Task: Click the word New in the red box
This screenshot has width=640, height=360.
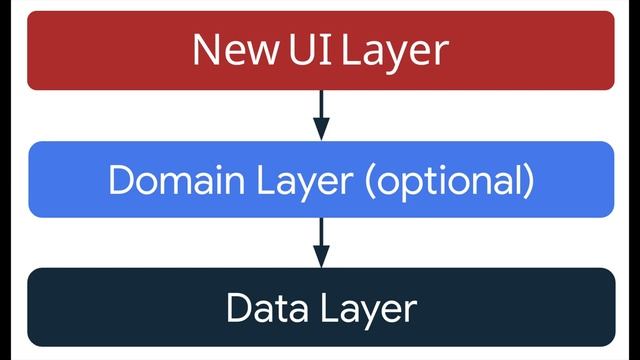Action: coord(234,49)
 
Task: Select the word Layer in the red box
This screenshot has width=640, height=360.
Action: coord(393,50)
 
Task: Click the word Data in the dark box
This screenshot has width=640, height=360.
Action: coord(261,307)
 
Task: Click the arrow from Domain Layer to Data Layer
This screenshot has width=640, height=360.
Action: coord(320,241)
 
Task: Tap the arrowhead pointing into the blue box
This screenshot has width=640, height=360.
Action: coord(320,129)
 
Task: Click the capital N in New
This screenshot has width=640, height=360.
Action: coord(204,49)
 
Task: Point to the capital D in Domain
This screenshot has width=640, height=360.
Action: coord(120,181)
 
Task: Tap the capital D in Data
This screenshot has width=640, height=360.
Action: coord(238,307)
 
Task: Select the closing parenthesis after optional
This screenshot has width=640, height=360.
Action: coord(527,182)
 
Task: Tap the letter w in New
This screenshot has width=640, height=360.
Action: coord(260,52)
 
